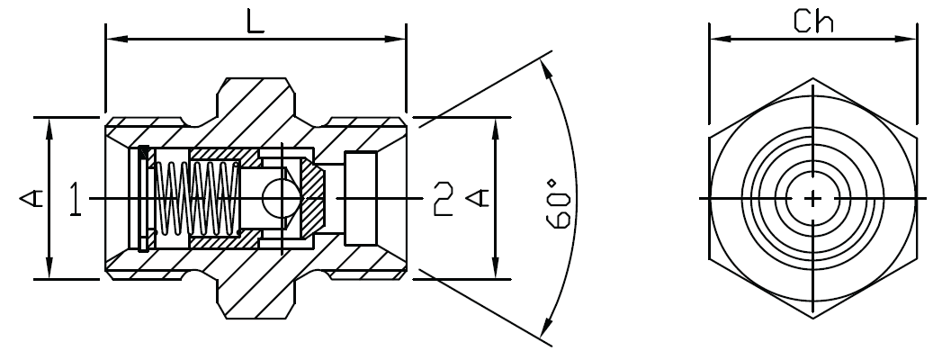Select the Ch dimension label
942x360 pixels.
(x=813, y=21)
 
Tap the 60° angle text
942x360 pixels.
(x=559, y=205)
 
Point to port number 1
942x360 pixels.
(x=76, y=199)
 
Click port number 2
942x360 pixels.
(x=442, y=199)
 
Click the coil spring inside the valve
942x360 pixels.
(x=194, y=197)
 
